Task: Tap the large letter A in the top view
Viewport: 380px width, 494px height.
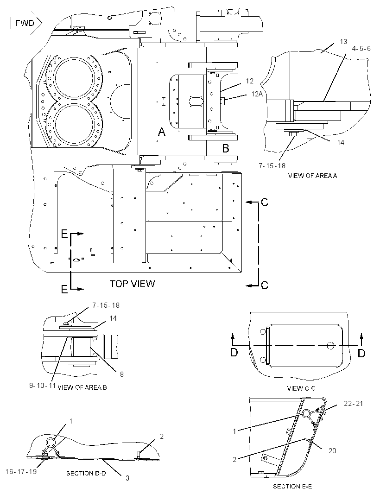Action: [x=162, y=132]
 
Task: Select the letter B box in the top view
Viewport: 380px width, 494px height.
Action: [x=226, y=148]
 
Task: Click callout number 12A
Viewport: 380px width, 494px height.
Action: [x=257, y=94]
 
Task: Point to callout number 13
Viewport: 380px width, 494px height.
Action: [x=343, y=42]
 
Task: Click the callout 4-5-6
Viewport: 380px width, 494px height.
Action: [x=361, y=49]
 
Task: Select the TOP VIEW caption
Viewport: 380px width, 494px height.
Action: [x=133, y=284]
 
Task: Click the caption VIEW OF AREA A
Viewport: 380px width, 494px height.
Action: [x=312, y=176]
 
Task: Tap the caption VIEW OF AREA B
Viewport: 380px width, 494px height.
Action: [x=82, y=387]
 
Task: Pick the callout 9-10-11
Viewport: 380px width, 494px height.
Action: [x=43, y=385]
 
